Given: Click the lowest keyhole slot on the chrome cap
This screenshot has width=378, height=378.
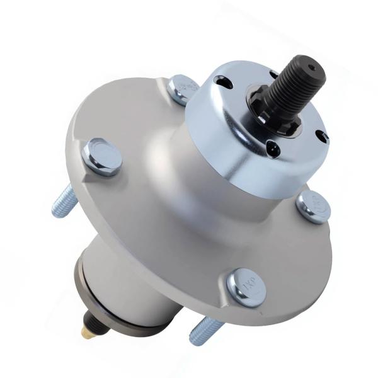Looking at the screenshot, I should tap(272, 149).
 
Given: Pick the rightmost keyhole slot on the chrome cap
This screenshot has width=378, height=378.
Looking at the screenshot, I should tap(321, 135).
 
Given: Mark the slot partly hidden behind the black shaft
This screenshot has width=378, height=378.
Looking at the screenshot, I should tap(273, 74).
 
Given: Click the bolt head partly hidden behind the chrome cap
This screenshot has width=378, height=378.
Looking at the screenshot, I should tap(183, 88).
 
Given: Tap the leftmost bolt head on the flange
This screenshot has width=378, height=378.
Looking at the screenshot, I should tap(101, 156).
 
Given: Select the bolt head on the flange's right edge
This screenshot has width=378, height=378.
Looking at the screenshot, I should tap(313, 205).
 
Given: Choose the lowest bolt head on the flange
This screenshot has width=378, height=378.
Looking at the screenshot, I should tap(245, 287).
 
